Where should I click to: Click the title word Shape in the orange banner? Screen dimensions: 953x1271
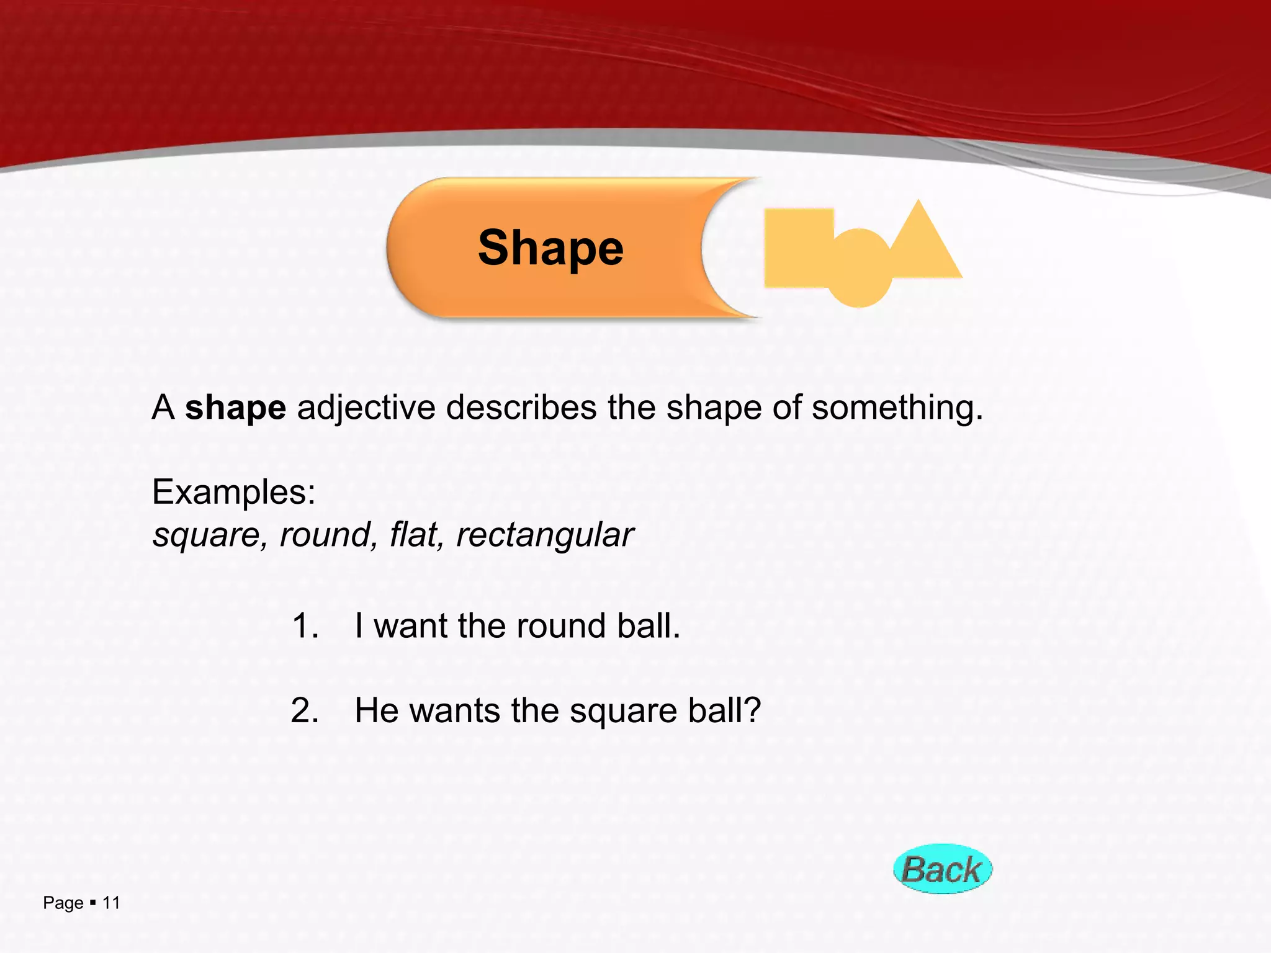(x=550, y=248)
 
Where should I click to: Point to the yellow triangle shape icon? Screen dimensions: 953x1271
(x=922, y=245)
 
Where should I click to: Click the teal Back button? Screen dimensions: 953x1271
(x=942, y=869)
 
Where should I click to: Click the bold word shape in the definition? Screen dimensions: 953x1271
(x=235, y=408)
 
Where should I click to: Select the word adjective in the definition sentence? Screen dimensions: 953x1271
(x=366, y=408)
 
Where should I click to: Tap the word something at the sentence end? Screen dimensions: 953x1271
(x=897, y=408)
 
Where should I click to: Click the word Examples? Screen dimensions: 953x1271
(x=234, y=492)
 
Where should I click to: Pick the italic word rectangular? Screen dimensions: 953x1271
(x=544, y=535)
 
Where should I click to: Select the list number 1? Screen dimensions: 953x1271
(x=305, y=625)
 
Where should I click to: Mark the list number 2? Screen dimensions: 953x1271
(x=305, y=710)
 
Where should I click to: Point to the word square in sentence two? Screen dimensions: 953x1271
(x=622, y=712)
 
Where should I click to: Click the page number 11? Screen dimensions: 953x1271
(x=111, y=903)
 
